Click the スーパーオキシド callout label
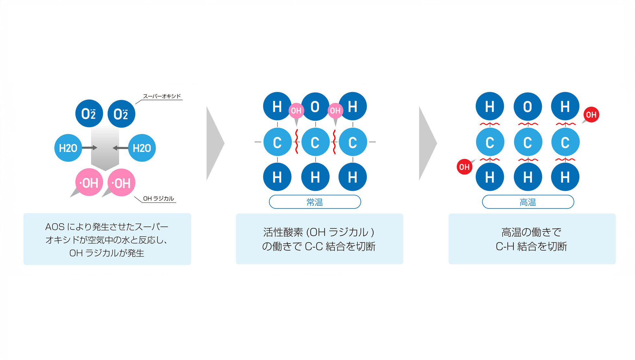coord(162,96)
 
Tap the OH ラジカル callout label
coord(158,198)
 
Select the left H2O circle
coord(68,148)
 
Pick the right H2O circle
coord(142,148)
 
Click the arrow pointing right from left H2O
coord(90,148)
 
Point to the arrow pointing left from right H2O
coord(120,148)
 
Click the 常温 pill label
coord(315,202)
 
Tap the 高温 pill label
coord(528,202)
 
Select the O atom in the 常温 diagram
coord(315,106)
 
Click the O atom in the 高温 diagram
coord(528,106)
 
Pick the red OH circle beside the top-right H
coord(591,115)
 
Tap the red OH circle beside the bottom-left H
coord(464,167)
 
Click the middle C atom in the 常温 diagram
coord(315,142)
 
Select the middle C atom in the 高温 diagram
coord(528,142)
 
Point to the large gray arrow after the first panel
coord(214,143)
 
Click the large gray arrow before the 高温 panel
coord(427,143)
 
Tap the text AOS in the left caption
coord(55,227)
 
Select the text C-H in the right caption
coord(505,246)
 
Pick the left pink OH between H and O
coord(296,111)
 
